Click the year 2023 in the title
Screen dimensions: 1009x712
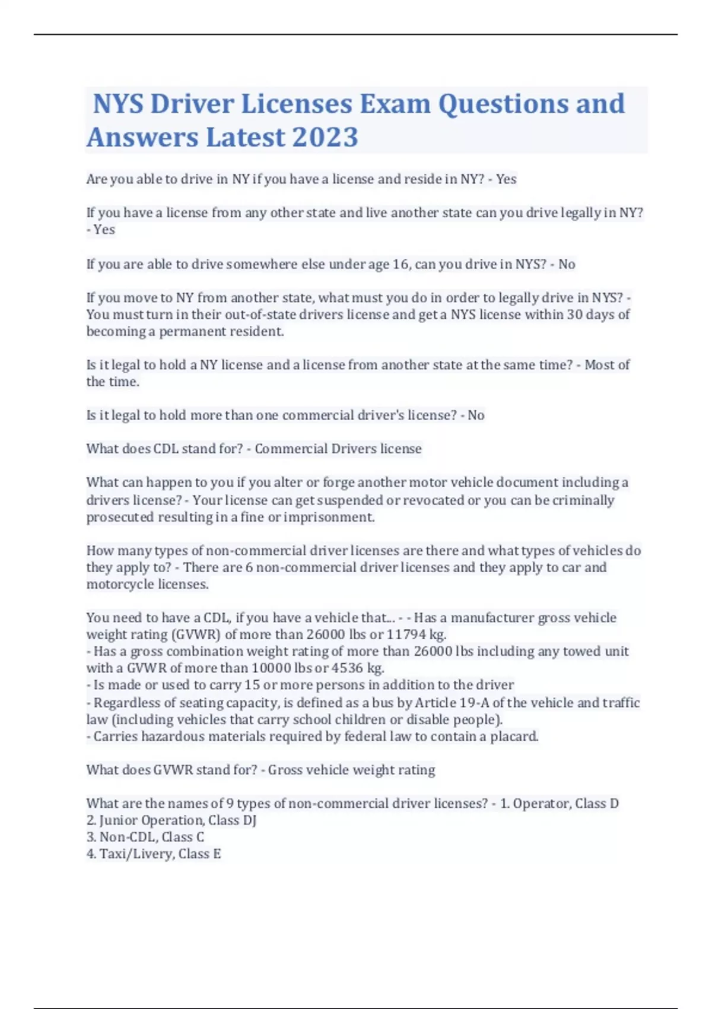pyautogui.click(x=325, y=137)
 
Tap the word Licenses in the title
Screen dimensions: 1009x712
pyautogui.click(x=296, y=104)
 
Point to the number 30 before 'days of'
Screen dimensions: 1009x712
pyautogui.click(x=575, y=315)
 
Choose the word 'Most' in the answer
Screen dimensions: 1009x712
pyautogui.click(x=599, y=365)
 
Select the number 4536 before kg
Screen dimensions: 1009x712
pyautogui.click(x=347, y=668)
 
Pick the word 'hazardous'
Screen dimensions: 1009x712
pyautogui.click(x=171, y=737)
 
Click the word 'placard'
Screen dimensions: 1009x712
pyautogui.click(x=514, y=737)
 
